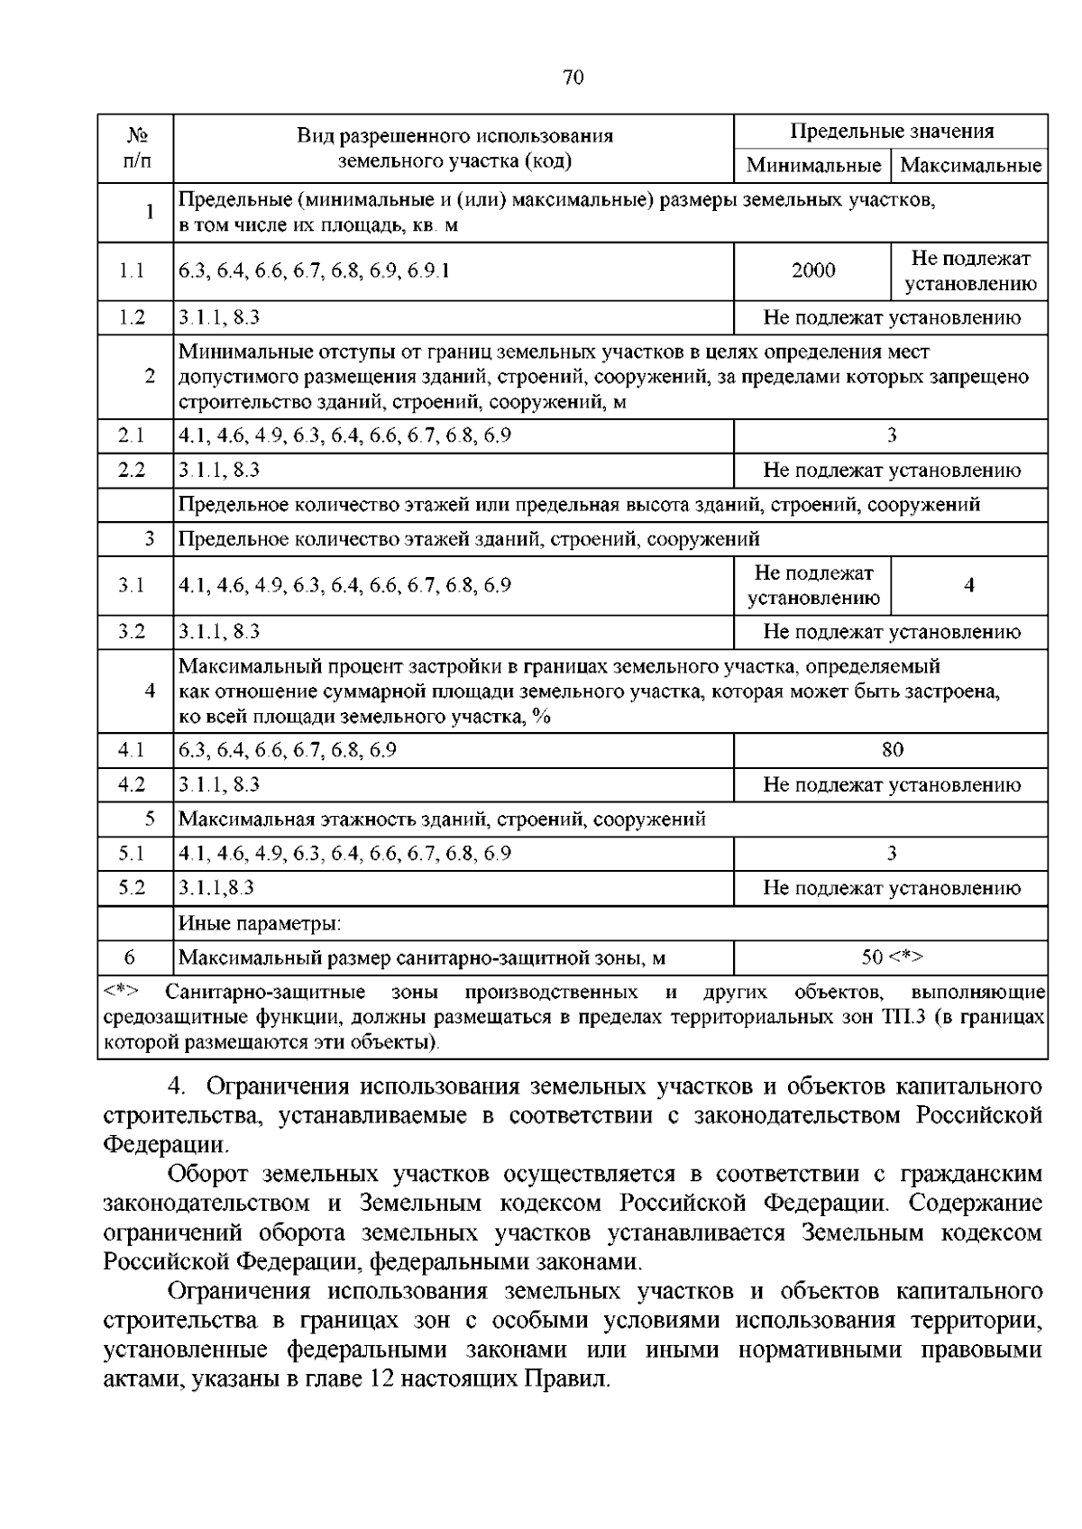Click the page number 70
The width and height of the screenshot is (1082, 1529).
(x=573, y=78)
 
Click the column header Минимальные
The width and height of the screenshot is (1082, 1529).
(x=812, y=166)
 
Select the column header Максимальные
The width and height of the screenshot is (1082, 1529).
(x=970, y=166)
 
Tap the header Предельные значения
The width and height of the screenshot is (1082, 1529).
(x=892, y=132)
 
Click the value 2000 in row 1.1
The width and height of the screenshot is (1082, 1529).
(x=813, y=270)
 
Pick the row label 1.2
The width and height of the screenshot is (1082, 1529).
(x=133, y=317)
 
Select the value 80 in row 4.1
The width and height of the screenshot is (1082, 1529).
(x=892, y=750)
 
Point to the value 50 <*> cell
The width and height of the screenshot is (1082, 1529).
(x=892, y=957)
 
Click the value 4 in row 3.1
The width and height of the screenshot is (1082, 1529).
(x=969, y=585)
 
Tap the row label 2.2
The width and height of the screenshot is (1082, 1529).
(x=133, y=470)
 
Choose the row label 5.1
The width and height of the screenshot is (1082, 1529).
(x=133, y=853)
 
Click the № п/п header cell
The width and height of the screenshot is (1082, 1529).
(x=136, y=148)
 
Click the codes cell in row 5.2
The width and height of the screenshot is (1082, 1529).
(x=216, y=888)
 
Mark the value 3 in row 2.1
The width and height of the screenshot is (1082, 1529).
(x=892, y=435)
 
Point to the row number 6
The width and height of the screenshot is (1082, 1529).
(x=130, y=957)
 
